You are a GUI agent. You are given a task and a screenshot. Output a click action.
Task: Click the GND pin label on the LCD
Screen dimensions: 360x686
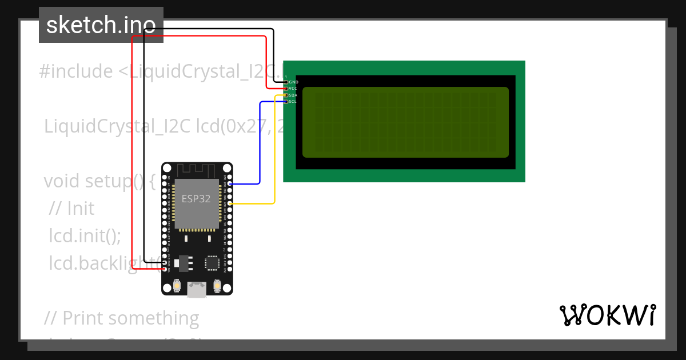click(x=293, y=82)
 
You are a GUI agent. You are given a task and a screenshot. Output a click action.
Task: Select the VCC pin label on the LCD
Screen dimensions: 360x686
click(x=293, y=89)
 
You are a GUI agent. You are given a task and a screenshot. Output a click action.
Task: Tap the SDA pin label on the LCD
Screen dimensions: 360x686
click(x=293, y=95)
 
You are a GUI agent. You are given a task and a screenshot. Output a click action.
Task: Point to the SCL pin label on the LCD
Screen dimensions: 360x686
click(x=293, y=102)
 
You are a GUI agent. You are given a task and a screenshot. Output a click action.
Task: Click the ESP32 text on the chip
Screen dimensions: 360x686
click(x=196, y=199)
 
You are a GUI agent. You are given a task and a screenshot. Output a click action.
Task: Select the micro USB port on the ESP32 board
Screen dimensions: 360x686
click(x=197, y=290)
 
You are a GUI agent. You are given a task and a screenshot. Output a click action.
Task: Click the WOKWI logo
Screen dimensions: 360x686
click(x=607, y=315)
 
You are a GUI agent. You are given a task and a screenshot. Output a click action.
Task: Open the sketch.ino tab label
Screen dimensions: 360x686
click(x=101, y=25)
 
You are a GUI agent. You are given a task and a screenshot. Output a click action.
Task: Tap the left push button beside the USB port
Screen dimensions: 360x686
click(x=177, y=285)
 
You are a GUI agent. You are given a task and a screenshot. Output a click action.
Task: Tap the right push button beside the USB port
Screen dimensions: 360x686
click(x=217, y=285)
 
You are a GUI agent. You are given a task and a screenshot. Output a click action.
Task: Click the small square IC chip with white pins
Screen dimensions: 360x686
click(x=212, y=263)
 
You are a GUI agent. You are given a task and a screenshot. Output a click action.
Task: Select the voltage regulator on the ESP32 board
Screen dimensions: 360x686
click(x=183, y=263)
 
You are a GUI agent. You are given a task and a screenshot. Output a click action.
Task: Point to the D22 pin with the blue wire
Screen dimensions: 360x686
click(x=230, y=184)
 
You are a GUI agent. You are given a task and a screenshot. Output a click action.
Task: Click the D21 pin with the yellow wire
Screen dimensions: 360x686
click(x=230, y=203)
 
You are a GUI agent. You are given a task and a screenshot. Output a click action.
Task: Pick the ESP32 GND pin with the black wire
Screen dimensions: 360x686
click(x=165, y=262)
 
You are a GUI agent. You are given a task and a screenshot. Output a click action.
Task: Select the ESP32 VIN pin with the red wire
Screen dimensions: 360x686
click(x=165, y=269)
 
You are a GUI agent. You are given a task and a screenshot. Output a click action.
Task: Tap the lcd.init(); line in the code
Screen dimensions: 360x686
click(x=85, y=235)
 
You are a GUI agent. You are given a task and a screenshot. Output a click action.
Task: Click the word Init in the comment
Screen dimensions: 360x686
click(x=81, y=209)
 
